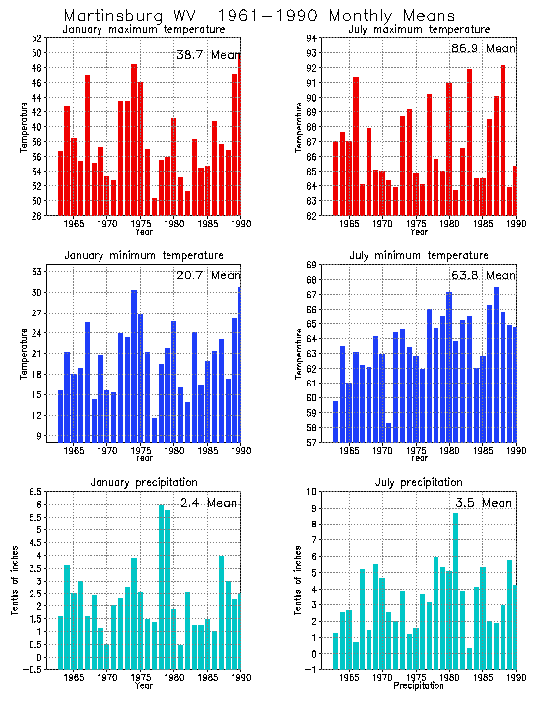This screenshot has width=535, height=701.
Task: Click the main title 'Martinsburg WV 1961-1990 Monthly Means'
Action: tap(259, 16)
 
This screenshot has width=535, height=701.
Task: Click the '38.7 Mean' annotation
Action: tap(208, 54)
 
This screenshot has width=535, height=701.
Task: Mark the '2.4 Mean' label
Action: tap(210, 503)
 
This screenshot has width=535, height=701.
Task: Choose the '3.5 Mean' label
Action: tap(485, 503)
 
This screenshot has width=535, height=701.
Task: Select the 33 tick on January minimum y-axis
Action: tap(35, 271)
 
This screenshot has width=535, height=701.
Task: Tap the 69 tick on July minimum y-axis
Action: tap(311, 265)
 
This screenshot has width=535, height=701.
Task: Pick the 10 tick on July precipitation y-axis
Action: tap(311, 491)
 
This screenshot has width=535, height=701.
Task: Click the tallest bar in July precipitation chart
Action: tap(455, 582)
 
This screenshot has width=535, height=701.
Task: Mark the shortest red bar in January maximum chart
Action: tap(154, 206)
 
